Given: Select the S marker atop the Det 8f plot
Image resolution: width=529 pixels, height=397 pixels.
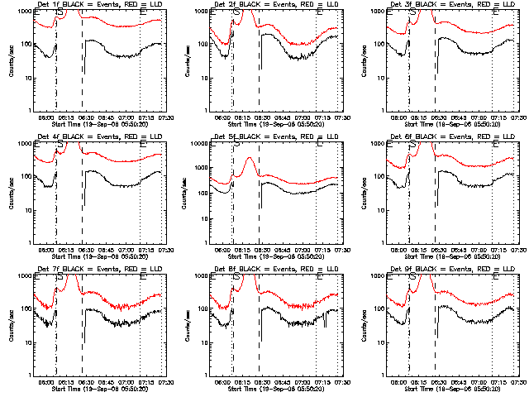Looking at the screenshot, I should point(237,276).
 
